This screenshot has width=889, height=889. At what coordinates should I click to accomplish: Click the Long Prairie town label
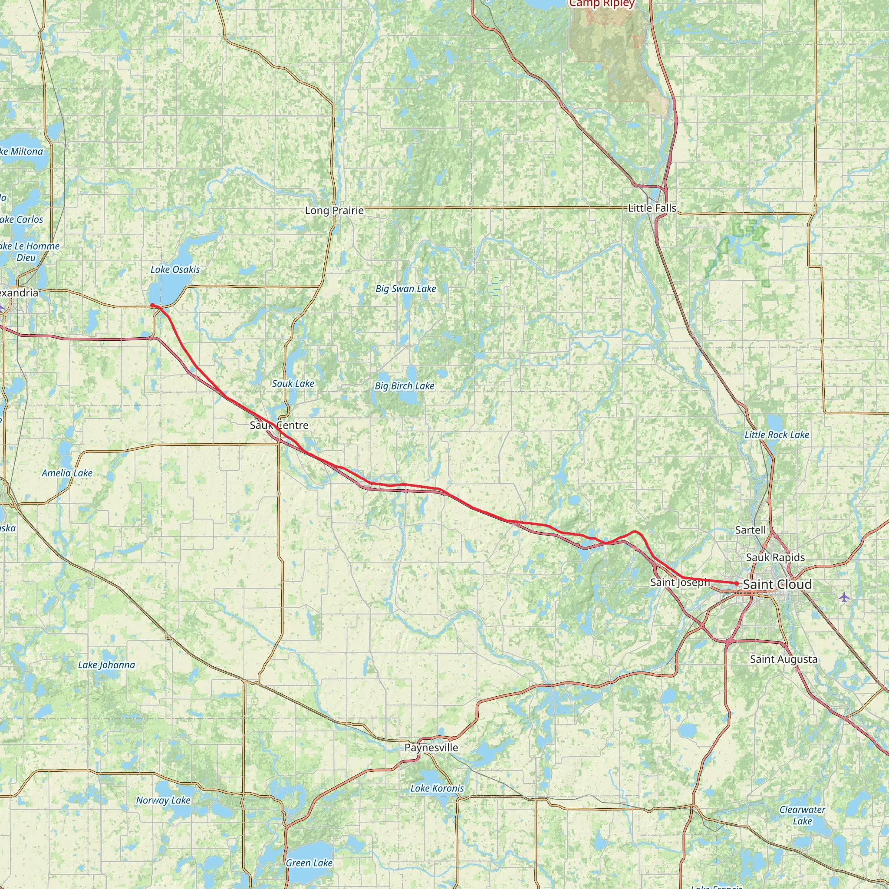click(x=335, y=210)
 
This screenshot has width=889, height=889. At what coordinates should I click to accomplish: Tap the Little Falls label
click(x=652, y=208)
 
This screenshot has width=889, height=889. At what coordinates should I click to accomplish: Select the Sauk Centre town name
click(x=279, y=425)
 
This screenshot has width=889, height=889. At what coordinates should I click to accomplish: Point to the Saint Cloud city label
click(x=777, y=584)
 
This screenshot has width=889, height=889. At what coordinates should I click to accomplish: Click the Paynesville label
click(x=431, y=747)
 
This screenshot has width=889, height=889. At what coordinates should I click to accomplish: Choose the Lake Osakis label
click(x=175, y=269)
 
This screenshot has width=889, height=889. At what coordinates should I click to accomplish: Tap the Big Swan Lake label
click(x=405, y=289)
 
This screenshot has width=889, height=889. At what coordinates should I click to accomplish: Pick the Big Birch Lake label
click(x=405, y=385)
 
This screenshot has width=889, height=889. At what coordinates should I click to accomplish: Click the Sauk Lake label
click(x=293, y=383)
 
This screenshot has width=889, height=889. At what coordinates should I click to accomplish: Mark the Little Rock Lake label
click(x=777, y=435)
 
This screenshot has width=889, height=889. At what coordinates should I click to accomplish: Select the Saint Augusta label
click(x=784, y=659)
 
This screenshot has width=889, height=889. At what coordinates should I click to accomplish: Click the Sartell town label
click(x=751, y=530)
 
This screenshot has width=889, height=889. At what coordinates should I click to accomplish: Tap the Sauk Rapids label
click(x=775, y=557)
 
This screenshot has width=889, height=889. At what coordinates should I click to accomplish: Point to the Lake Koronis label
click(x=437, y=788)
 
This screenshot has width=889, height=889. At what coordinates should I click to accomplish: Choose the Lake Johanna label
click(x=106, y=665)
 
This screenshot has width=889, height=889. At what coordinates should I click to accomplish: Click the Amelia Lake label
click(x=67, y=473)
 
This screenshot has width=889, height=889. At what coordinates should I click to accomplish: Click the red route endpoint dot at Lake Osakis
click(x=152, y=305)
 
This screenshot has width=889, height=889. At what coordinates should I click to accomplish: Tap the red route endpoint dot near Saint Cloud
click(x=737, y=583)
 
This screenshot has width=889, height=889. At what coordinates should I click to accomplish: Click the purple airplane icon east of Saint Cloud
click(x=843, y=597)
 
